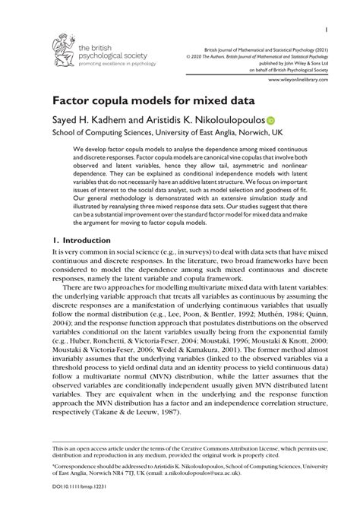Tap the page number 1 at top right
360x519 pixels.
325,31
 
